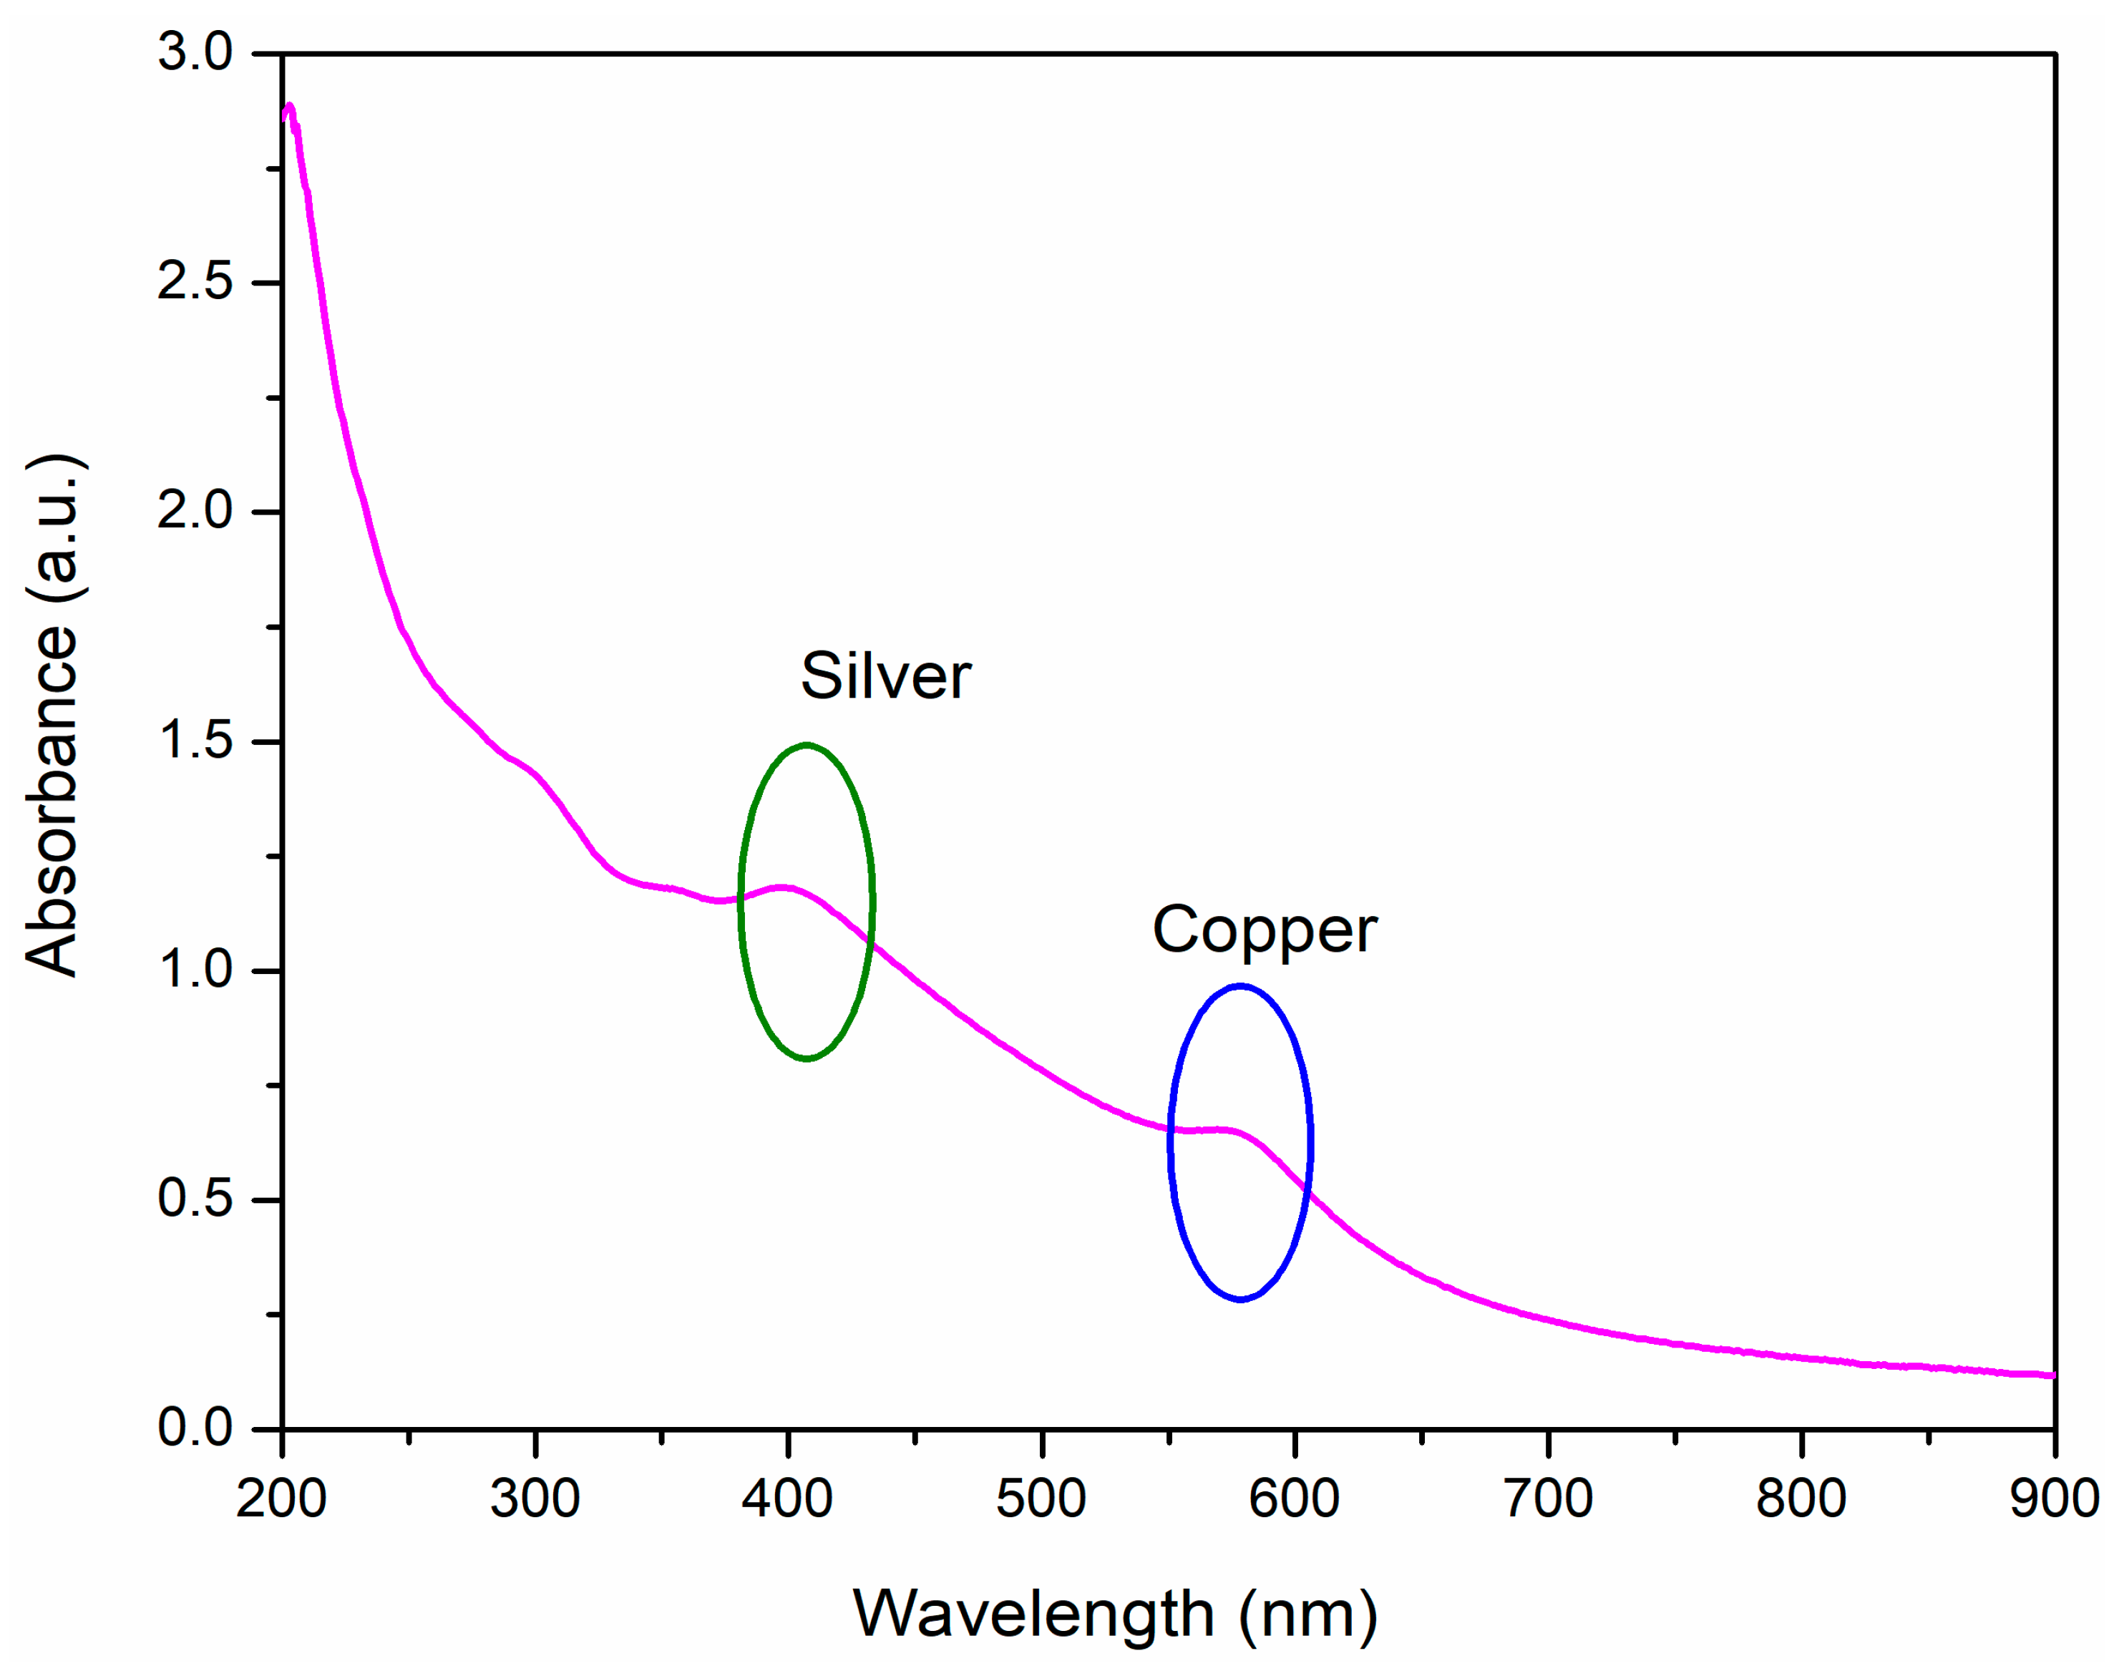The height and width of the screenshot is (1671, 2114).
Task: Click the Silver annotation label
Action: point(885,676)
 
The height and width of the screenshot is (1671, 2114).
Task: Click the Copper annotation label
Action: point(1264,930)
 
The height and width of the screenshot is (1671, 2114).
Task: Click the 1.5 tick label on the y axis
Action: point(195,740)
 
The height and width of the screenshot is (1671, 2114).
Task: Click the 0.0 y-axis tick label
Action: point(195,1428)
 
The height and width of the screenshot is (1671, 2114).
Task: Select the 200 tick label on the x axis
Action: point(282,1499)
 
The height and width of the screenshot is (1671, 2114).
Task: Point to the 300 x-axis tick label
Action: point(535,1499)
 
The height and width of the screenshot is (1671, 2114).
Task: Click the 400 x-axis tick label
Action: point(787,1499)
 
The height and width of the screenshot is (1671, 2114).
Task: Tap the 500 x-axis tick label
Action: point(1041,1499)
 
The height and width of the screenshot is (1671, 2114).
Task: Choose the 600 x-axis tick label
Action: point(1294,1499)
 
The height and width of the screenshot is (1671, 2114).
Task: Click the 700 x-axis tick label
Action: point(1549,1499)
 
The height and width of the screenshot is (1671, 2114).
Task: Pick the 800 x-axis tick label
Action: point(1801,1499)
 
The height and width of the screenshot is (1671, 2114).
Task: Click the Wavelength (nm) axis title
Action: point(1115,1614)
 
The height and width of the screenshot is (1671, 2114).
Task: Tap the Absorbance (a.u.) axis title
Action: point(54,714)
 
